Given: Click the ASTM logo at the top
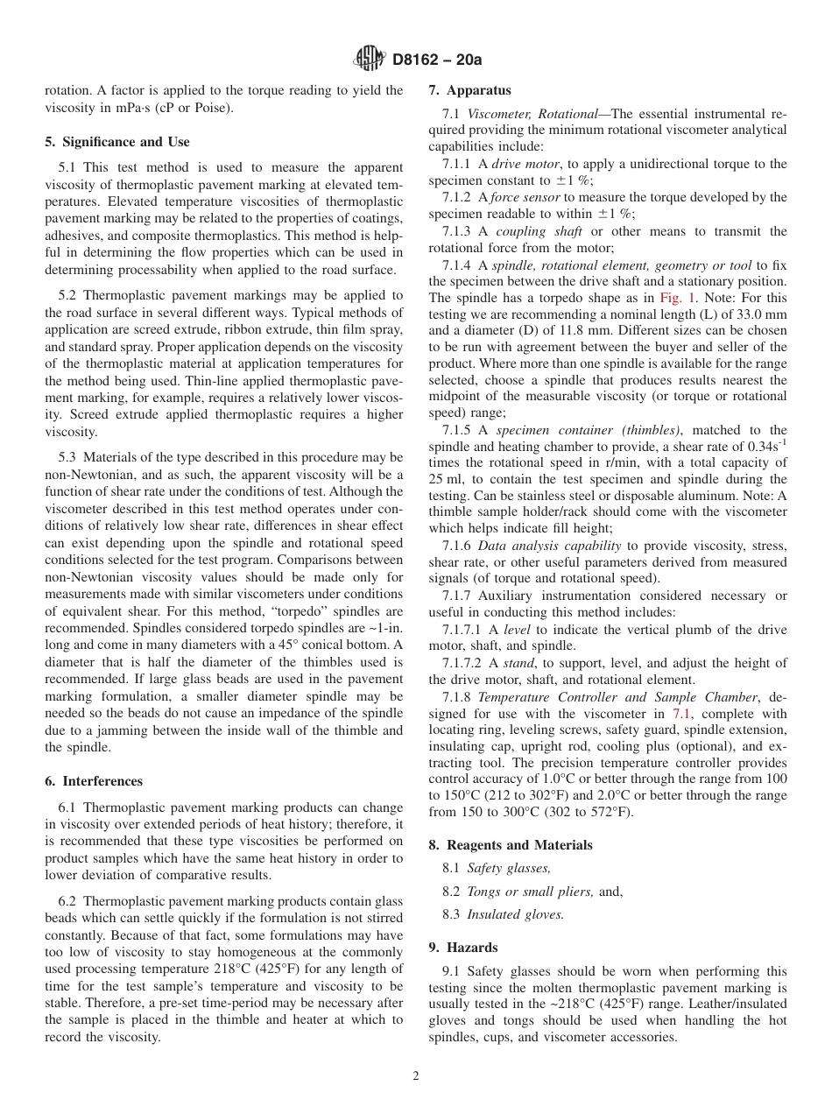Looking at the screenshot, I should click(x=369, y=60).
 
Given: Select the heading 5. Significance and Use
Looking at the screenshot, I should click(x=117, y=142).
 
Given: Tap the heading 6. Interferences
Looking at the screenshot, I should click(x=94, y=781).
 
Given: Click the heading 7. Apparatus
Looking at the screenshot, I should click(x=469, y=90).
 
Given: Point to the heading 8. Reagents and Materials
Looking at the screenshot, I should click(x=511, y=845).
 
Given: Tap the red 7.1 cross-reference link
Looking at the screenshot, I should click(x=683, y=714).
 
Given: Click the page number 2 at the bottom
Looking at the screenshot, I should click(x=416, y=1076).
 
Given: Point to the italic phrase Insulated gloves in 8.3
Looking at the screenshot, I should click(x=515, y=914).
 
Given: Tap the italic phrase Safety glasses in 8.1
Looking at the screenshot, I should click(x=509, y=869).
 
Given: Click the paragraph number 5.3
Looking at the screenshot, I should click(x=67, y=458).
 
